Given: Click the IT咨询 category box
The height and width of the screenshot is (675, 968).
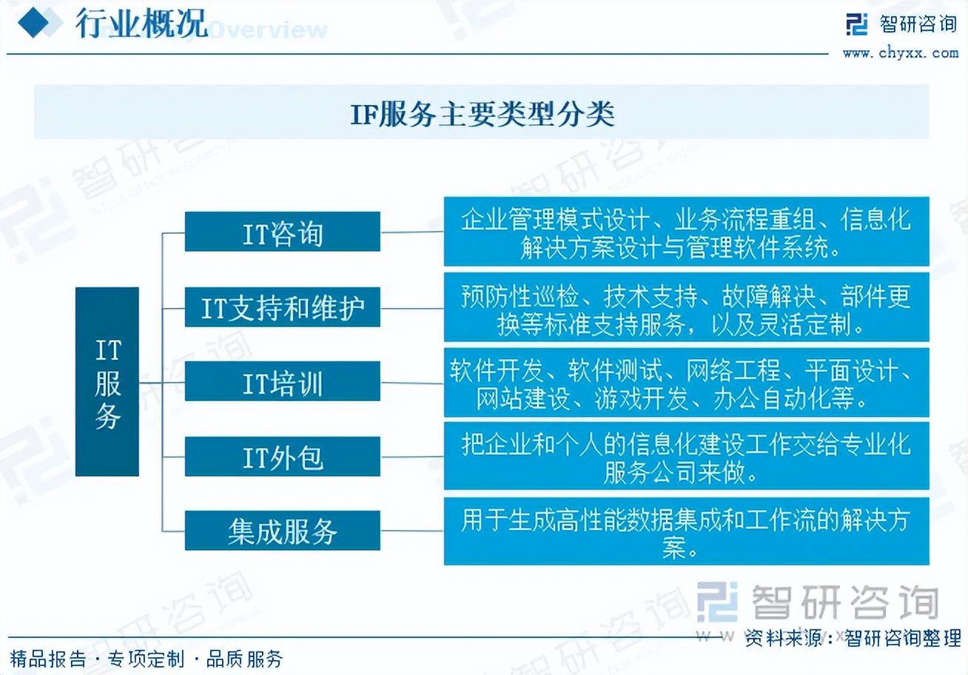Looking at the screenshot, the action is tap(282, 231).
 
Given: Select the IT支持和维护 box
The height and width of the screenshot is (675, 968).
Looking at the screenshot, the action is tap(282, 307).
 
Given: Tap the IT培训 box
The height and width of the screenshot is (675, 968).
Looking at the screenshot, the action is tap(282, 381).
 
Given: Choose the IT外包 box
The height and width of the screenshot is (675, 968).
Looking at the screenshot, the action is tap(282, 457).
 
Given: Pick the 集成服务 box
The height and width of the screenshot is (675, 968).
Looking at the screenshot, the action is tap(282, 530).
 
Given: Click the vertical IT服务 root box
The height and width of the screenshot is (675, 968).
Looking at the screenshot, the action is tap(107, 382).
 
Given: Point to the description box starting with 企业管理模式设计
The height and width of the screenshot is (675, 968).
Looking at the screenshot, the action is tap(687, 231).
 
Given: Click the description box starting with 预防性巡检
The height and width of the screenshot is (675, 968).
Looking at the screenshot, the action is tap(687, 307).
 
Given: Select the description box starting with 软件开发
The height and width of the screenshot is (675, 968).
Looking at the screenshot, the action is tap(687, 382).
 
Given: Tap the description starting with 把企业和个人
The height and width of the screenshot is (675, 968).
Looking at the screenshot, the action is tap(687, 456).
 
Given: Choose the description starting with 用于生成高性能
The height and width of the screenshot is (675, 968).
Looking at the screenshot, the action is tap(687, 531).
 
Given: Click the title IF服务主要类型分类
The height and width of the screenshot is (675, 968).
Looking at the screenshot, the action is tap(483, 114).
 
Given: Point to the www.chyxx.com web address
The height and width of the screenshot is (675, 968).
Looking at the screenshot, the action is tap(901, 53).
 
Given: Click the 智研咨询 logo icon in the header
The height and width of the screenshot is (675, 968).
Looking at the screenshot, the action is tap(856, 24).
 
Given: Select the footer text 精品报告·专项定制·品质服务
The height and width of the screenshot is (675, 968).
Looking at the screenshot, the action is tap(146, 659).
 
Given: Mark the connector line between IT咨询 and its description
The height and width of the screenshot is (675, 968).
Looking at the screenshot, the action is tap(412, 232).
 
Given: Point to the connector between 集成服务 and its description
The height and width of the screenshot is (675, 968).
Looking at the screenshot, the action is tap(412, 531).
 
